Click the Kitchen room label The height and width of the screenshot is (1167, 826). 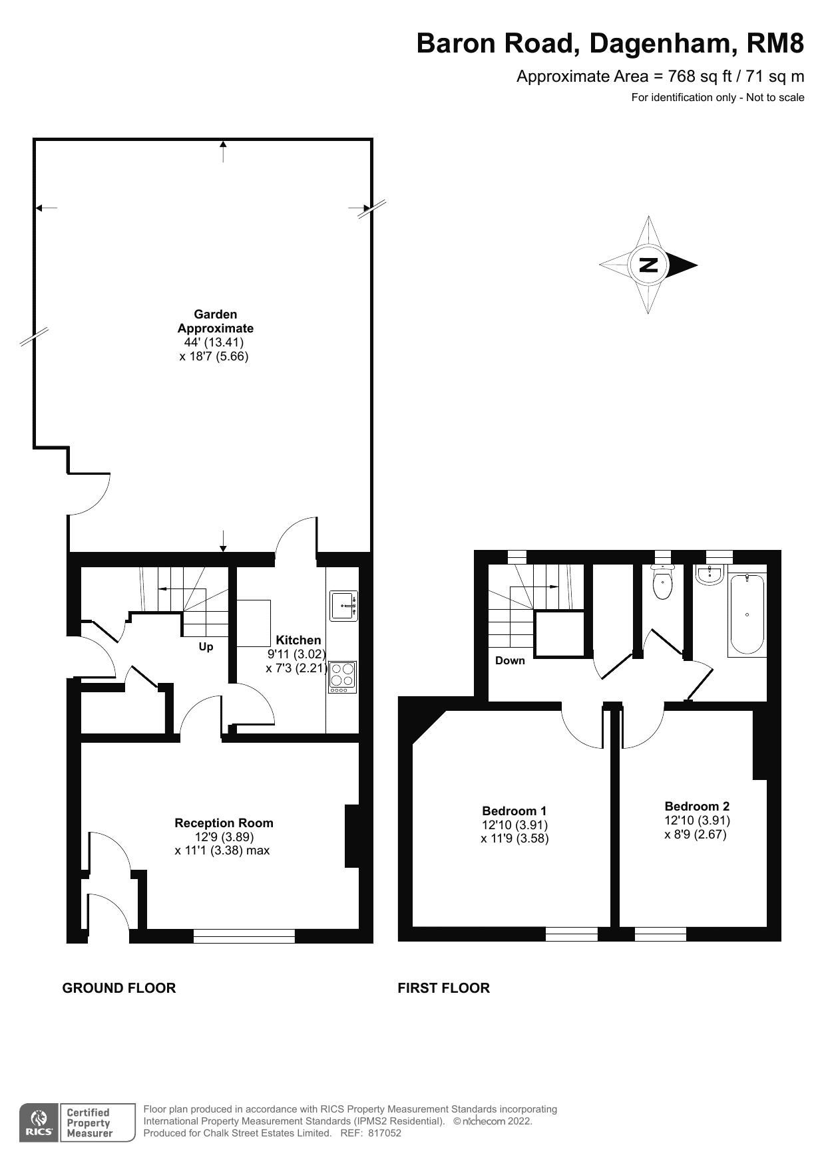pyautogui.click(x=298, y=640)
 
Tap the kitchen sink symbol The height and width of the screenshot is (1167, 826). pyautogui.click(x=343, y=606)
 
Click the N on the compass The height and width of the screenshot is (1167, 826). pyautogui.click(x=648, y=265)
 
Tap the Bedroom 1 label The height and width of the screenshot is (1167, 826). pyautogui.click(x=514, y=811)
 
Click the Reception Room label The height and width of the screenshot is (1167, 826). pyautogui.click(x=224, y=823)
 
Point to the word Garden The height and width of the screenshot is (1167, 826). pyautogui.click(x=215, y=314)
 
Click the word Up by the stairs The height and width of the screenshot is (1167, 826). pyautogui.click(x=206, y=646)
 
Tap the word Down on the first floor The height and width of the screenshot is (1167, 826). pyautogui.click(x=510, y=660)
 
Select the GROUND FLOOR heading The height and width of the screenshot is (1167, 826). pyautogui.click(x=119, y=987)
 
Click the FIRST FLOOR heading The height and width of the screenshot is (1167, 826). pyautogui.click(x=443, y=987)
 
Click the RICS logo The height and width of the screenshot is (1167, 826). pyautogui.click(x=39, y=1123)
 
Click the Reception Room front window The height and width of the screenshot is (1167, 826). pyautogui.click(x=244, y=936)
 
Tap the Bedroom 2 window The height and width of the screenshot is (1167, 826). pyautogui.click(x=660, y=934)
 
